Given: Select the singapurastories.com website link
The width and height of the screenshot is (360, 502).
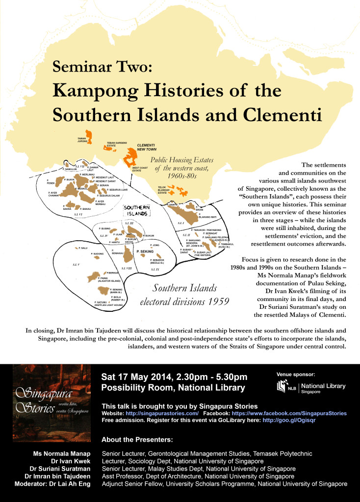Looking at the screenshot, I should point(160,414).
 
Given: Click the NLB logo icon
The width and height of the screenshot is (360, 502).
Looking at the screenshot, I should point(282,386).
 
